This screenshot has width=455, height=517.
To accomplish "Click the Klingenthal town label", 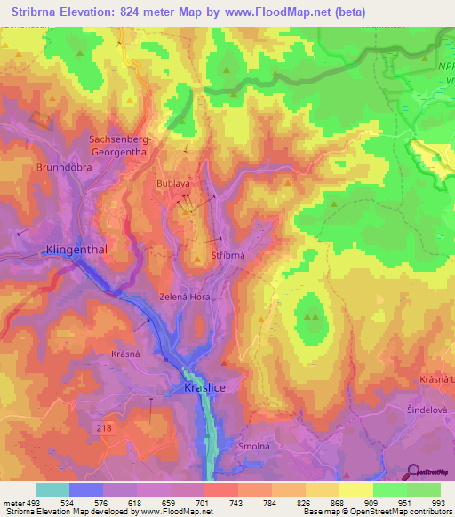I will (76, 250).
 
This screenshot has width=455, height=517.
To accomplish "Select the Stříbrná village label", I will (228, 255).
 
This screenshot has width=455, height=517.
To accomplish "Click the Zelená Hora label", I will (184, 297).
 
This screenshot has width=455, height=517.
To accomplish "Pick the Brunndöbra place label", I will (65, 166).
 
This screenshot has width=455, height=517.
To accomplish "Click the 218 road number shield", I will (105, 428).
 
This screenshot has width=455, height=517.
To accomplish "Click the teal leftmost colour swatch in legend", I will (52, 489).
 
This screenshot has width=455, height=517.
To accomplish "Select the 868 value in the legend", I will (339, 503).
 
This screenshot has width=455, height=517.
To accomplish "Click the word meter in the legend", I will (15, 503).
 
